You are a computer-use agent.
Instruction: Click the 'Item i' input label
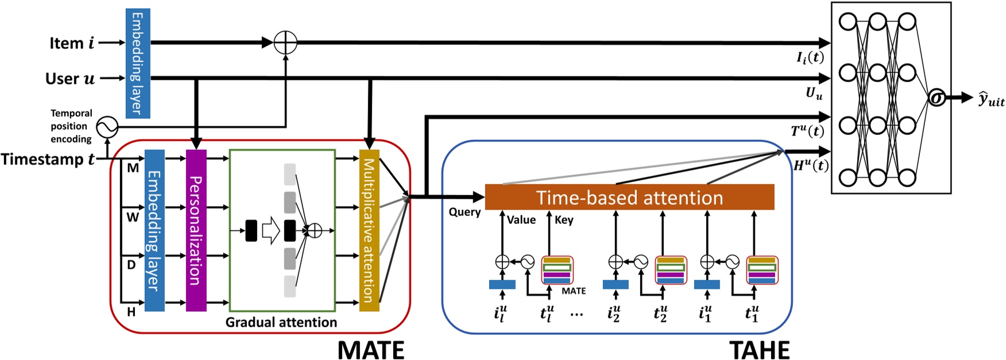(x=72, y=43)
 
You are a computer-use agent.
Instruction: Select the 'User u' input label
(x=70, y=79)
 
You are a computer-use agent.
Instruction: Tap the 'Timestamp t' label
(x=48, y=159)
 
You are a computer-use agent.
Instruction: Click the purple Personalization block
(x=196, y=230)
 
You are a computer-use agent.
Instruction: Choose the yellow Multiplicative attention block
(x=369, y=230)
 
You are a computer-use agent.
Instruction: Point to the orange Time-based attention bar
(x=629, y=198)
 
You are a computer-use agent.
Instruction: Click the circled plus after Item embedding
(x=285, y=42)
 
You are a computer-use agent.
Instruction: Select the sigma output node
(x=937, y=98)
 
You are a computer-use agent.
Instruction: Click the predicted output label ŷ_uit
(x=991, y=100)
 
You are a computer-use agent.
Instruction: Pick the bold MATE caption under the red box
(x=370, y=350)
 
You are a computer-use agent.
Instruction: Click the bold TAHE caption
(x=759, y=350)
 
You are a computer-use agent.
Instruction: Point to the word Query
(x=465, y=212)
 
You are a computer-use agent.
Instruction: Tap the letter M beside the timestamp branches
(x=133, y=168)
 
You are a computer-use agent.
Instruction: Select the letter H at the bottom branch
(x=131, y=312)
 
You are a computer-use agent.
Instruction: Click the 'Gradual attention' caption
(x=281, y=322)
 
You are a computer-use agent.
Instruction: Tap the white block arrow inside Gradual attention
(x=270, y=230)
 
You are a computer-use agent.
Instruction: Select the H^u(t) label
(x=811, y=166)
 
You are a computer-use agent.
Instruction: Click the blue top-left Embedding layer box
(x=138, y=63)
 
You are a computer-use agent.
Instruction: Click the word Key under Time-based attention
(x=564, y=220)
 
